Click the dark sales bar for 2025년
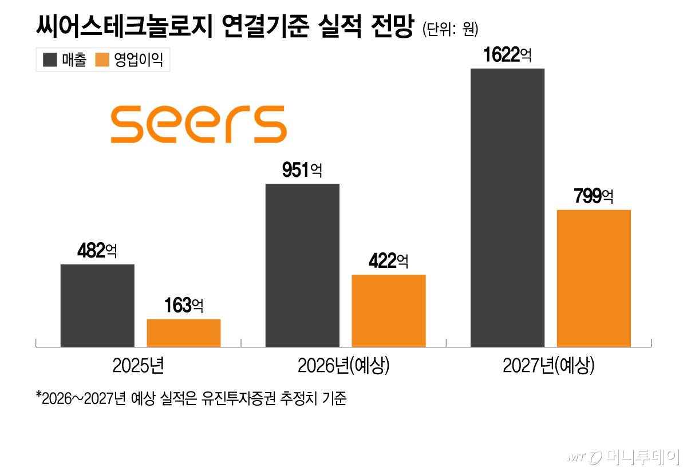97,306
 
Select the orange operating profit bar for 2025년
184,333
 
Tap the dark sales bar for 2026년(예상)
302,265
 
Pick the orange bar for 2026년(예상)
389,311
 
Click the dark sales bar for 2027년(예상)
507,207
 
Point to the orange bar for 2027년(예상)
594,278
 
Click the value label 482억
97,251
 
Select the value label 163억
183,306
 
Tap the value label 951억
302,170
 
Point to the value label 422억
388,262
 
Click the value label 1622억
507,56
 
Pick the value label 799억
594,196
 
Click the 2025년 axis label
139,366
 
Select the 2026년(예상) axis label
343,366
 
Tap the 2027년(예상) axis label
548,366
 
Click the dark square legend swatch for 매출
50,60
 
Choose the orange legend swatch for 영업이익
102,60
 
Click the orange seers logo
199,124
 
